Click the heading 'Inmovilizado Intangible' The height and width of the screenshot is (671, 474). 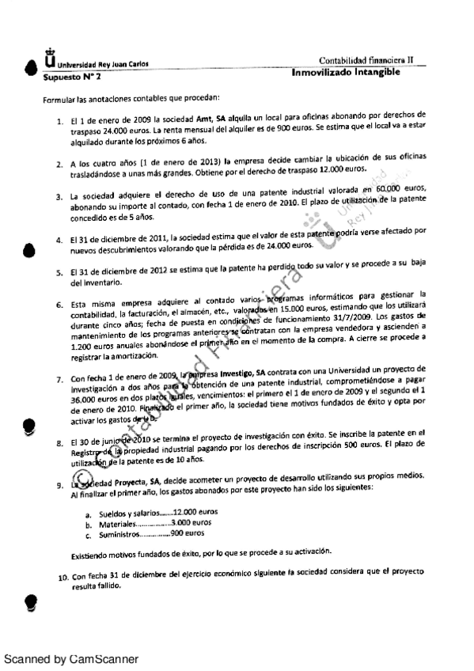click(344, 73)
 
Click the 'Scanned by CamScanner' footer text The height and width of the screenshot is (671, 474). click(71, 658)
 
